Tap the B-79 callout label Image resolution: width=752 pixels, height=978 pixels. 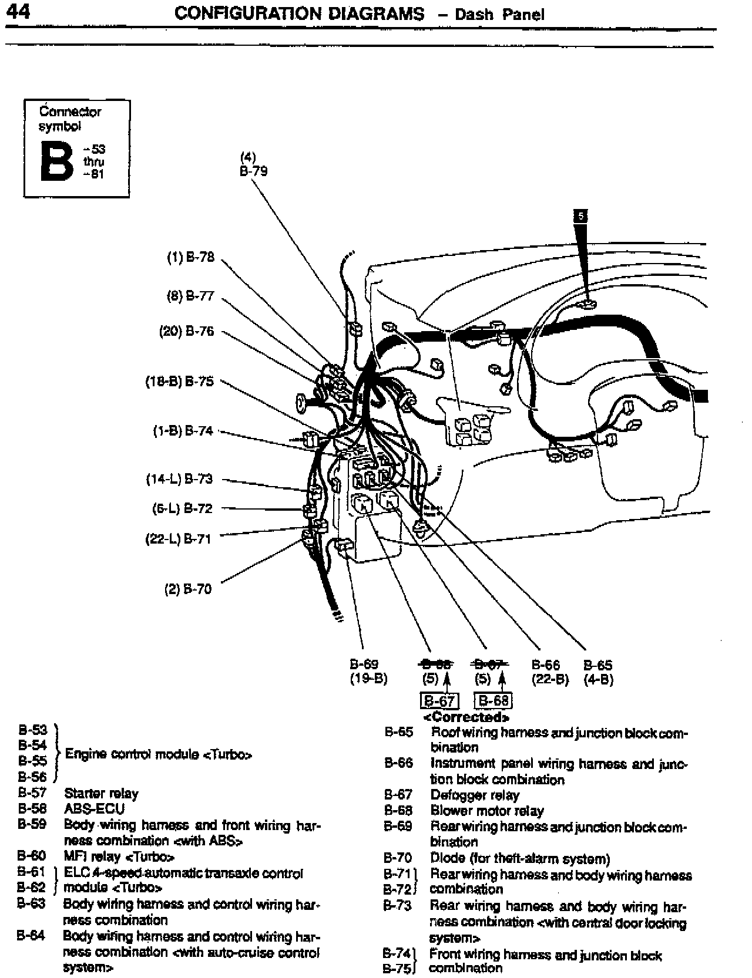point(254,173)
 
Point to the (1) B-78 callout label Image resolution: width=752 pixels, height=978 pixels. point(191,257)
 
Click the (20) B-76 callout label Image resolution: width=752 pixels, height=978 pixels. point(187,331)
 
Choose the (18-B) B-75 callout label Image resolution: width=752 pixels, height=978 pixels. point(180,382)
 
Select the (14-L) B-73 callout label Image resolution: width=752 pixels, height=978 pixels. point(179,479)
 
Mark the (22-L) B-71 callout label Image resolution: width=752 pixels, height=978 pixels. point(179,538)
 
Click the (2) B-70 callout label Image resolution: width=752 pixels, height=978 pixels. point(187,589)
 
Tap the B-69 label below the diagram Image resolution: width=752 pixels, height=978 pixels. point(364,665)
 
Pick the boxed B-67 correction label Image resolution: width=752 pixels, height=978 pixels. point(439,701)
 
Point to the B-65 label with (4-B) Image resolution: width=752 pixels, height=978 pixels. point(597,665)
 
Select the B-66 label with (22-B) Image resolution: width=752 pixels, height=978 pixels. point(546,665)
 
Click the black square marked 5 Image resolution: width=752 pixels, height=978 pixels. point(580,216)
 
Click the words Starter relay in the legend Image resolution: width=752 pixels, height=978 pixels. point(101,794)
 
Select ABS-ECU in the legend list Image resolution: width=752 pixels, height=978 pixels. point(94,809)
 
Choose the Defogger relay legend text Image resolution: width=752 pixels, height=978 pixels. point(475,795)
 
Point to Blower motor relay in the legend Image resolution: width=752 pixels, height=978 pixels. point(487,811)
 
